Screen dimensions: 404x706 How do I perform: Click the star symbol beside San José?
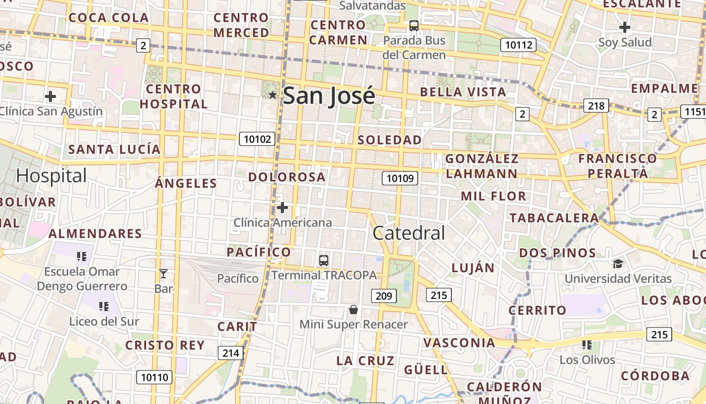273,94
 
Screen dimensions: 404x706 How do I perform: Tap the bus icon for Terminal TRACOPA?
324,261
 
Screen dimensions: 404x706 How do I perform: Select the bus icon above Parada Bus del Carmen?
414,25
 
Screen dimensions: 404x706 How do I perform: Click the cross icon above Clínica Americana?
282,207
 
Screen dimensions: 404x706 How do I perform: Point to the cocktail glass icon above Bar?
163,274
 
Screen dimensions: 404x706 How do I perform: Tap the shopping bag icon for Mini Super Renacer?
354,309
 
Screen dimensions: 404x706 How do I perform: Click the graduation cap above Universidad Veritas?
618,263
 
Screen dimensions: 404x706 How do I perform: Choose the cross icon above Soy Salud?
625,27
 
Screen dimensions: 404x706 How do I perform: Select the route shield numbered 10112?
518,45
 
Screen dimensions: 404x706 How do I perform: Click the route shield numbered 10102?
257,139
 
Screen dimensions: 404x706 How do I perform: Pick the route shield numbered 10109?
400,178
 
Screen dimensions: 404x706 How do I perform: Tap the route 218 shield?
596,106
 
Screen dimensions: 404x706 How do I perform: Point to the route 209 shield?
384,295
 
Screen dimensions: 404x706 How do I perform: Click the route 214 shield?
230,353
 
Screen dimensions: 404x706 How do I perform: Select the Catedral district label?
408,233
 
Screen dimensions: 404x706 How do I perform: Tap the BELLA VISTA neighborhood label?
463,92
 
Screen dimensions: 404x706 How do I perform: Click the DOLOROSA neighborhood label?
287,177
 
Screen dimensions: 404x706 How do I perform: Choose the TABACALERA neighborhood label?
554,218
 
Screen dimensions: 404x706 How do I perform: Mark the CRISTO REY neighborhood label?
165,345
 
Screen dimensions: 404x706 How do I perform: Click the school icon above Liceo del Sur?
104,306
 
